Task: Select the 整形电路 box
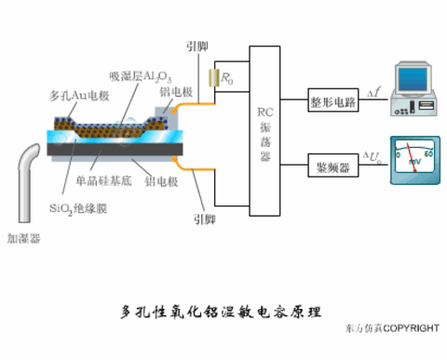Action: pyautogui.click(x=333, y=102)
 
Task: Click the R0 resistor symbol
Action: pyautogui.click(x=215, y=78)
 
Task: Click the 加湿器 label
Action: pyautogui.click(x=23, y=238)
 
